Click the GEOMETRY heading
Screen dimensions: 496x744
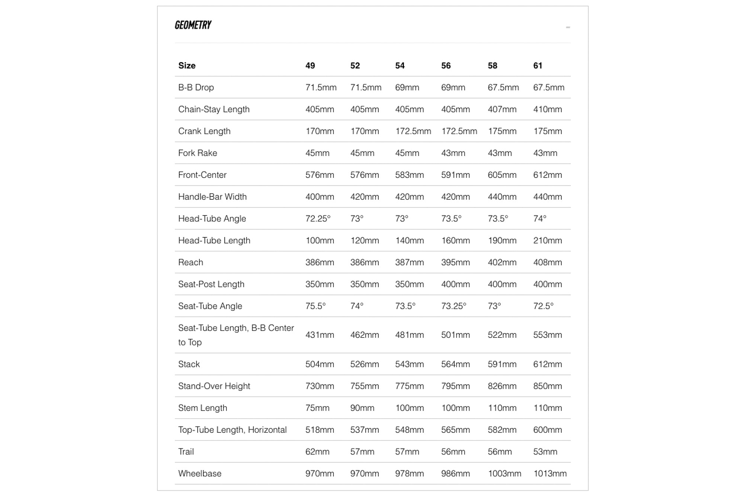click(x=193, y=25)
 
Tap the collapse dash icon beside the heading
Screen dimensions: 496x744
click(x=568, y=27)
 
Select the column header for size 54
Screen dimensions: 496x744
click(x=400, y=66)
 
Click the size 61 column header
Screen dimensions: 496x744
click(x=538, y=66)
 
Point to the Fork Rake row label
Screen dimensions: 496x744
click(x=198, y=153)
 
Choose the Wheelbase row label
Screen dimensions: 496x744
click(x=200, y=473)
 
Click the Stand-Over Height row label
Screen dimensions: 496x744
click(x=214, y=386)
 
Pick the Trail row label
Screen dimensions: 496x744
click(x=186, y=452)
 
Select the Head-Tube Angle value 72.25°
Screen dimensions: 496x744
click(x=318, y=218)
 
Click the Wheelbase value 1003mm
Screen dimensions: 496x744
click(x=504, y=473)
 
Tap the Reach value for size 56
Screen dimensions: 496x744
click(x=455, y=262)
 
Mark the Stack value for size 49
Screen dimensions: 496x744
click(x=320, y=364)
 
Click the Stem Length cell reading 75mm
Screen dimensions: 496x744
click(x=317, y=408)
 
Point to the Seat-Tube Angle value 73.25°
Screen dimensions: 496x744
click(x=453, y=306)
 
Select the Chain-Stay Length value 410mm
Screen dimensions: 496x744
click(x=547, y=109)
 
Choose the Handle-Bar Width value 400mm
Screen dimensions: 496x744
click(x=320, y=197)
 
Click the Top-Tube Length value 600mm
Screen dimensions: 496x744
click(x=547, y=430)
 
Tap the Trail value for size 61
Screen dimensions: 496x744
click(x=545, y=452)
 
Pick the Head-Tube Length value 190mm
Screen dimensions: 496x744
click(x=502, y=240)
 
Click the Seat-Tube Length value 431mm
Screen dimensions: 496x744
click(x=320, y=335)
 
